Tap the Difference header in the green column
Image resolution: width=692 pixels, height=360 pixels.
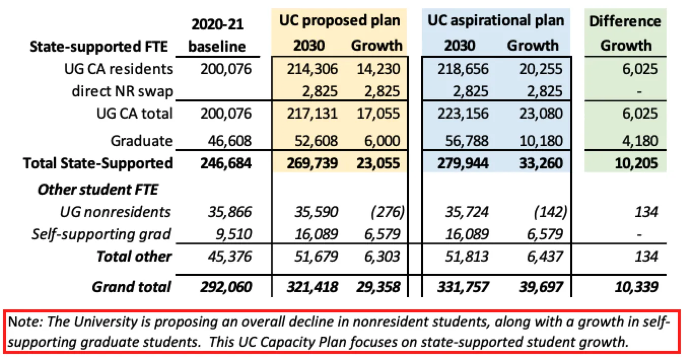tap(625, 21)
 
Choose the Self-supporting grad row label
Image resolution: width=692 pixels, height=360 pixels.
tap(101, 234)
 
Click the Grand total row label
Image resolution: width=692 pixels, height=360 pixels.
tap(131, 286)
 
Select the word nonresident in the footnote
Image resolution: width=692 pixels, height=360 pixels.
tap(368, 322)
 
